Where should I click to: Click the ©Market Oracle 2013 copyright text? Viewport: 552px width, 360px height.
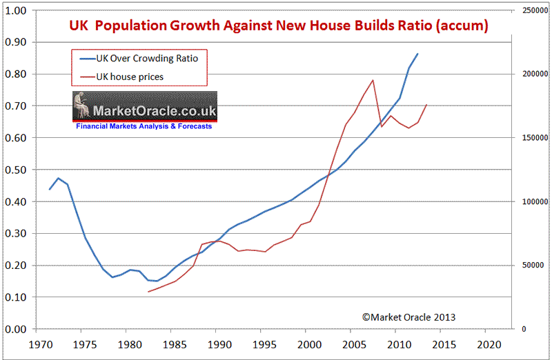coord(408,317)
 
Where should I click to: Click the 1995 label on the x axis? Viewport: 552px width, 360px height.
coord(262,343)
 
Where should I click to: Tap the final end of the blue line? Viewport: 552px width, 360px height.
coord(417,54)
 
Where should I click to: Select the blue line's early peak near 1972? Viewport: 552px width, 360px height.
coord(59,178)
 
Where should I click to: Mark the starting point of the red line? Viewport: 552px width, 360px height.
coord(148,292)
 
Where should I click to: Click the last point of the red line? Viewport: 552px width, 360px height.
coord(427,105)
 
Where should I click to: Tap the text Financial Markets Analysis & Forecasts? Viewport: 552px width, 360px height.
coord(144,127)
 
